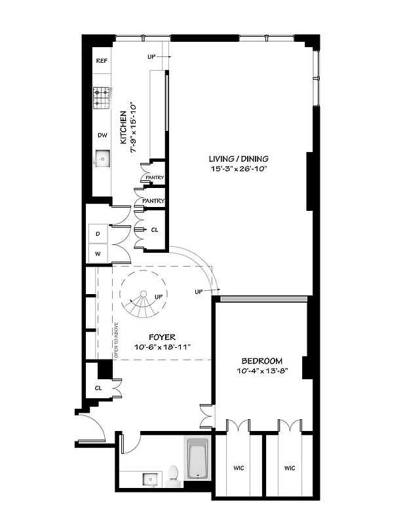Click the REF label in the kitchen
point(102,60)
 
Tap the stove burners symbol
point(101,98)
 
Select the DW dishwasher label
point(102,136)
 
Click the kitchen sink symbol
point(102,159)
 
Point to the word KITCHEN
point(123,127)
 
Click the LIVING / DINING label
point(239,159)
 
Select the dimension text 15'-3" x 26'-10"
point(239,169)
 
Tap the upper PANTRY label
point(155,178)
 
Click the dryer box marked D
point(98,234)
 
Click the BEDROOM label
point(261,361)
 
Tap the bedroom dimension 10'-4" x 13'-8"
point(261,371)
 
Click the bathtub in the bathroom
point(197,459)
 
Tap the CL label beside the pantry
point(155,230)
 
